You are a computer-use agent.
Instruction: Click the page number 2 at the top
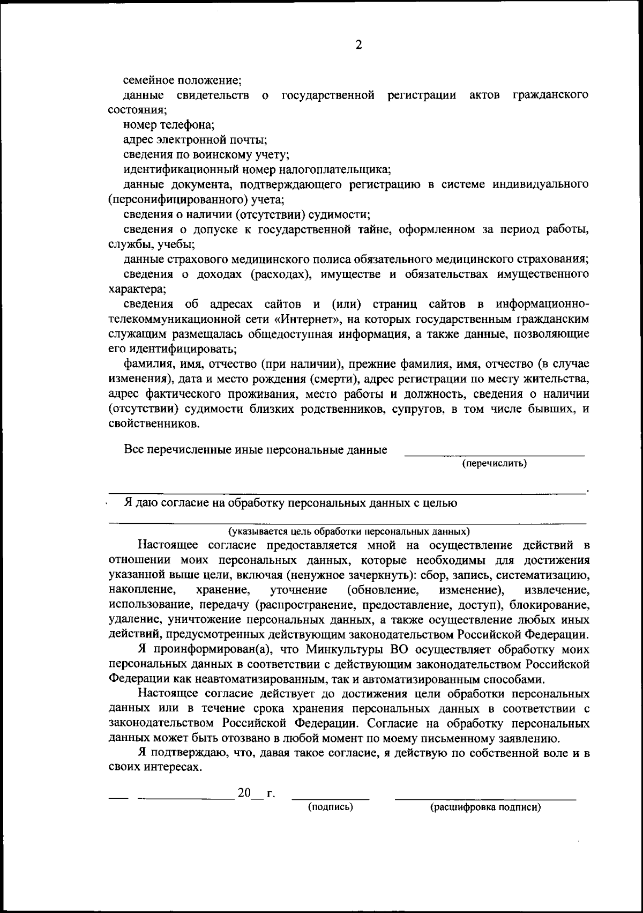coord(358,46)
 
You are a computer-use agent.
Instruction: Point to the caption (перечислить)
coord(495,463)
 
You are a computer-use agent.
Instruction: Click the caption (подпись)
coord(330,807)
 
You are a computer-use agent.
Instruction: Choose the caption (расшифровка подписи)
coord(485,807)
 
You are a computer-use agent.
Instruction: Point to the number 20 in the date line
coord(244,793)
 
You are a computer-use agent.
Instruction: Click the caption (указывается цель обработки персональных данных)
coord(349,532)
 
